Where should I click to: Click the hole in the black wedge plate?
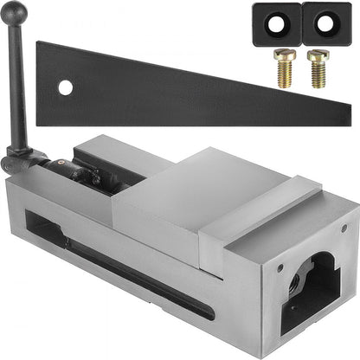pyautogui.click(x=66, y=87)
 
